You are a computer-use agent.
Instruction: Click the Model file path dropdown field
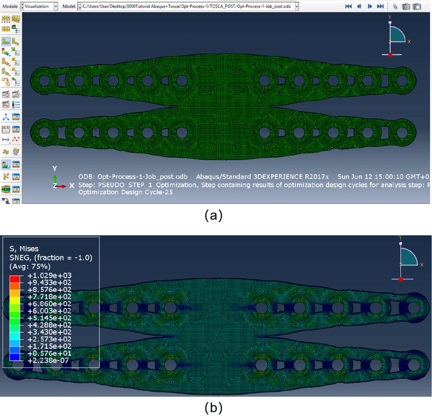pyautogui.click(x=187, y=6)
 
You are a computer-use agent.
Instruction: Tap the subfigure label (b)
pyautogui.click(x=213, y=408)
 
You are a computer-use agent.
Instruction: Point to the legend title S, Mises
pyautogui.click(x=25, y=249)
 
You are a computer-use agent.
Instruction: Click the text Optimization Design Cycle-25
pyautogui.click(x=125, y=192)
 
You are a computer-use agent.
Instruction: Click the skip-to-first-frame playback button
pyautogui.click(x=348, y=6)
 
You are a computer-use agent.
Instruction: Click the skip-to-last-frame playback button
pyautogui.click(x=380, y=6)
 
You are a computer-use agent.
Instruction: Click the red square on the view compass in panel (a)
pyautogui.click(x=390, y=54)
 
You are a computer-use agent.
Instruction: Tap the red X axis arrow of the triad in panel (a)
pyautogui.click(x=62, y=185)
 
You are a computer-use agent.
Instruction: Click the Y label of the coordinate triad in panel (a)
pyautogui.click(x=55, y=168)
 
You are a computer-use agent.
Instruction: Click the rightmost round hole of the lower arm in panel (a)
pyautogui.click(x=402, y=131)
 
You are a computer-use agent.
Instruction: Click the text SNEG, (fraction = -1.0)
pyautogui.click(x=51, y=258)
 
